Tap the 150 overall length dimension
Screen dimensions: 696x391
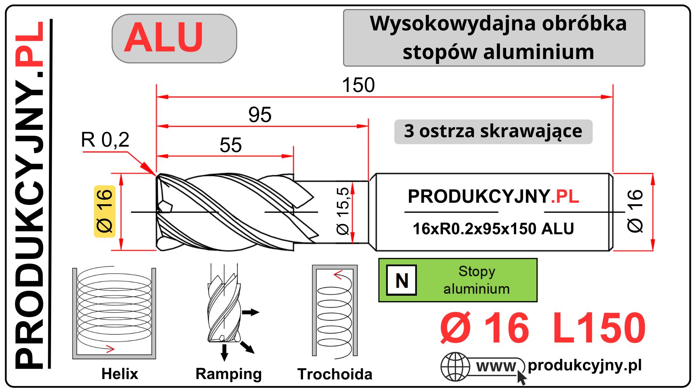pyautogui.click(x=358, y=85)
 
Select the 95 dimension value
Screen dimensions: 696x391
pyautogui.click(x=260, y=115)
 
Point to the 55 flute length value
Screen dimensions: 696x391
pyautogui.click(x=231, y=145)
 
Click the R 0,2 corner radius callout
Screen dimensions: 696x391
pyautogui.click(x=105, y=140)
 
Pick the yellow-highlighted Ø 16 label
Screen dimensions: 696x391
pyautogui.click(x=105, y=211)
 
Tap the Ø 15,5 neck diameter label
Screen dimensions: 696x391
pyautogui.click(x=343, y=211)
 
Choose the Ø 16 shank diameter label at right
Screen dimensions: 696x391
pyautogui.click(x=635, y=211)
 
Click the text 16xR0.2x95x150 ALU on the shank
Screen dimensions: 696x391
pyautogui.click(x=493, y=229)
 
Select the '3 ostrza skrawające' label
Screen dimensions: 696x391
pyautogui.click(x=493, y=131)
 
